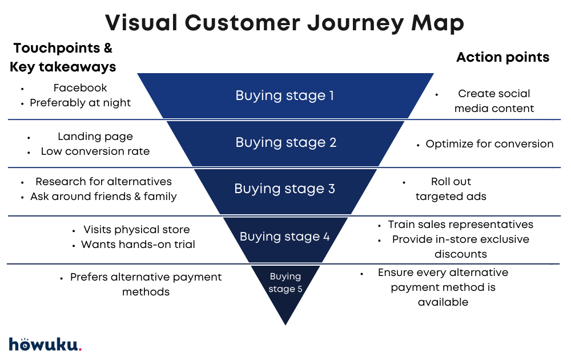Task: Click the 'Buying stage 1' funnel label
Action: click(x=285, y=95)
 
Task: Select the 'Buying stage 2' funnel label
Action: click(x=286, y=142)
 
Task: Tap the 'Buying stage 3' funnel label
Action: click(x=285, y=189)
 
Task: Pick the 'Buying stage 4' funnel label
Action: click(x=285, y=236)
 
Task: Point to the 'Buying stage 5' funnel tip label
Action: click(x=285, y=282)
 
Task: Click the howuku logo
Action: click(x=45, y=344)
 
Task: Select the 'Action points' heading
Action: click(x=503, y=57)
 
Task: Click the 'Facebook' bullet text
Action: click(x=81, y=88)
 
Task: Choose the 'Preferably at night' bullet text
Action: click(x=81, y=103)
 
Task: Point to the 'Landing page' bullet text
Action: click(x=95, y=137)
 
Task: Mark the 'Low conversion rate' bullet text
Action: click(x=95, y=151)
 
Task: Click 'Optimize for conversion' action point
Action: click(x=489, y=144)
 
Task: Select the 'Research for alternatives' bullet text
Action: click(x=103, y=182)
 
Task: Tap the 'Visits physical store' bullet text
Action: click(x=136, y=230)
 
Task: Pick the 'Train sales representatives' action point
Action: click(x=461, y=225)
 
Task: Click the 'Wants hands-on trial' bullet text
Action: click(x=138, y=245)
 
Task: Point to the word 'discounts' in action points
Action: click(x=460, y=254)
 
